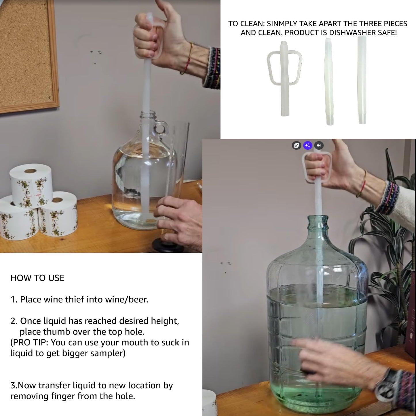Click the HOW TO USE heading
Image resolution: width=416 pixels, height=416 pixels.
click(37, 278)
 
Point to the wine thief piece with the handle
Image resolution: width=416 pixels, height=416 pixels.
click(284, 78)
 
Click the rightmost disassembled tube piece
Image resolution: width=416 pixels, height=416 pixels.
click(362, 81)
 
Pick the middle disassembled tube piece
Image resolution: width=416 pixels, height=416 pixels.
click(329, 82)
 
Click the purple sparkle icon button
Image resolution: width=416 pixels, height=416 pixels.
click(307, 145)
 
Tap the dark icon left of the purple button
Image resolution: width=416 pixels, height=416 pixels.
click(296, 145)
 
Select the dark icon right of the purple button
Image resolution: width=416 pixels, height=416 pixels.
click(319, 145)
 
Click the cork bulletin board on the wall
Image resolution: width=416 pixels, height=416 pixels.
click(26, 55)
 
